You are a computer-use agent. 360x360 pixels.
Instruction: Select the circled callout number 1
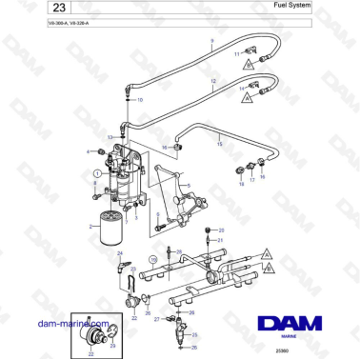(96, 174)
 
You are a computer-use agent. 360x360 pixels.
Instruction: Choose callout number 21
(221, 241)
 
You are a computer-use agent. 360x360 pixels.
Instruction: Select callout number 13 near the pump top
(111, 139)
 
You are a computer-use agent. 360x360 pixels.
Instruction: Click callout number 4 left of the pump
(89, 151)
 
